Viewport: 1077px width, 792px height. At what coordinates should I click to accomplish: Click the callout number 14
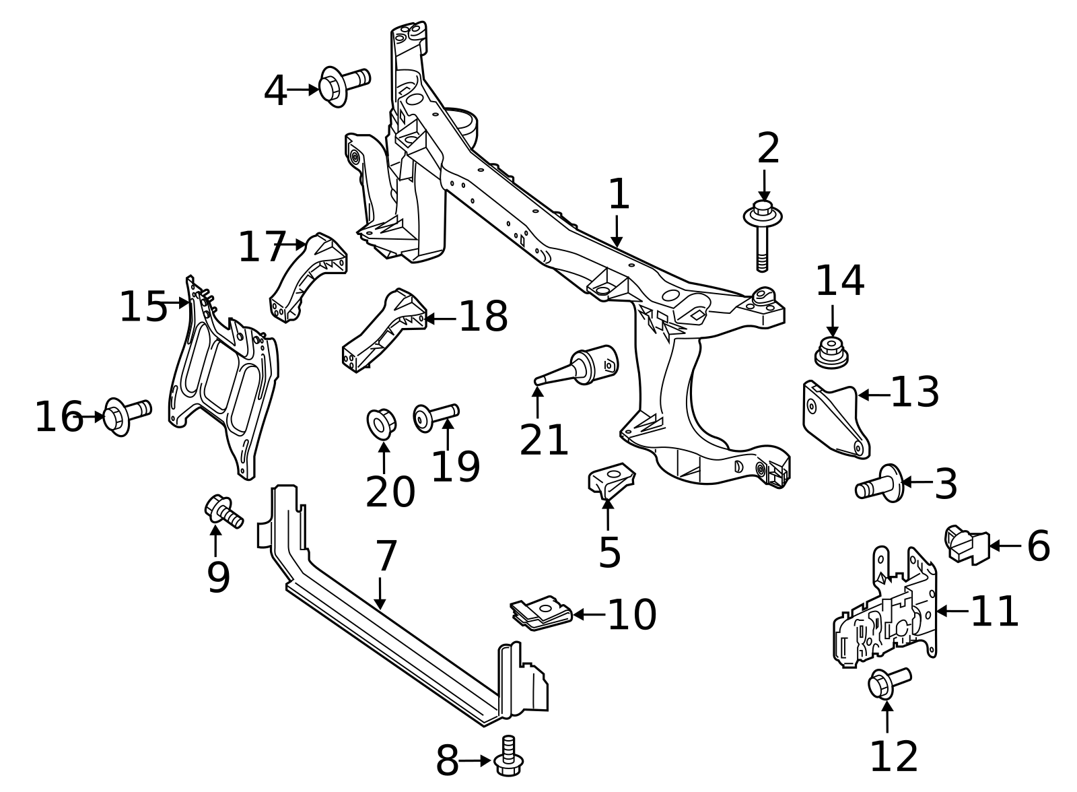coord(839,282)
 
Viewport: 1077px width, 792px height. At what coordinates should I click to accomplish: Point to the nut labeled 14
coord(831,354)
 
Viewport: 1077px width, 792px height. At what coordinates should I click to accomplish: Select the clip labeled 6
coord(967,544)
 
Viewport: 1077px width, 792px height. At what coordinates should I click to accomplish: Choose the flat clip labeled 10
coord(541,613)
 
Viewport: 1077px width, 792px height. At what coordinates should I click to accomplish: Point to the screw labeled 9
coord(223,512)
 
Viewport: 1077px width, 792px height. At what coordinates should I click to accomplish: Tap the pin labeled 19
coord(435,415)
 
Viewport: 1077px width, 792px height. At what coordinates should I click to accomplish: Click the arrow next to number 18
coord(441,318)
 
